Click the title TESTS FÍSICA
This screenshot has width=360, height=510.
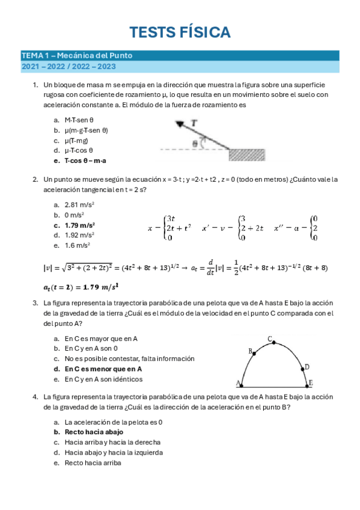(180, 32)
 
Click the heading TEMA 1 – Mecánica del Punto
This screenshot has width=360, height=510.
(77, 55)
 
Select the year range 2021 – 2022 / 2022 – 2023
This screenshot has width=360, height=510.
(69, 67)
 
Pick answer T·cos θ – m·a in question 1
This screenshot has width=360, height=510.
(89, 161)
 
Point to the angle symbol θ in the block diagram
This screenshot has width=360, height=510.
(195, 143)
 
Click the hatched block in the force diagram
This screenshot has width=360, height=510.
(247, 154)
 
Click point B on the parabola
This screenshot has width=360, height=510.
(253, 354)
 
